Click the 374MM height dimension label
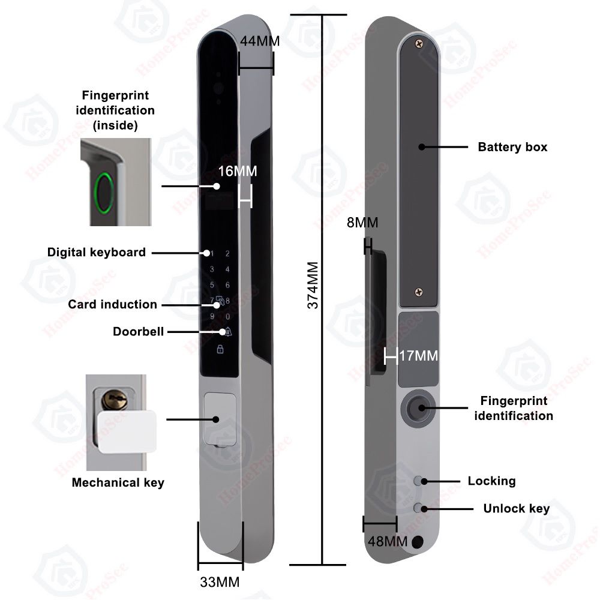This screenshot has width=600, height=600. [x=313, y=285]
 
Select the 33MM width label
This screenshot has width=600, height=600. [x=220, y=581]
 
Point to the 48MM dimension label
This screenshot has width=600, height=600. [x=388, y=542]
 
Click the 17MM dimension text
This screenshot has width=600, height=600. [x=419, y=356]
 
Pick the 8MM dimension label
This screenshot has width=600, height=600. [x=362, y=223]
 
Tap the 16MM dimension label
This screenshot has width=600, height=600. [x=238, y=171]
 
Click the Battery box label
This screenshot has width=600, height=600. [x=512, y=147]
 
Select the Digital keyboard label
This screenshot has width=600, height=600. [x=97, y=252]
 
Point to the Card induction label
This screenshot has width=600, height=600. [x=112, y=304]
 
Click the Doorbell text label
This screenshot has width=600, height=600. [x=138, y=332]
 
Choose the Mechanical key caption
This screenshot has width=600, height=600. [x=118, y=482]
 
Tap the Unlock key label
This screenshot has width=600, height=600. [x=516, y=509]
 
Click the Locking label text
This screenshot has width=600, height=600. [x=491, y=481]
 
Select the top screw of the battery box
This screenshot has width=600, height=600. [x=419, y=42]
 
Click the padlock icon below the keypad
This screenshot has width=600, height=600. [x=220, y=349]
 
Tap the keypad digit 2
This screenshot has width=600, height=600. [x=227, y=254]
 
